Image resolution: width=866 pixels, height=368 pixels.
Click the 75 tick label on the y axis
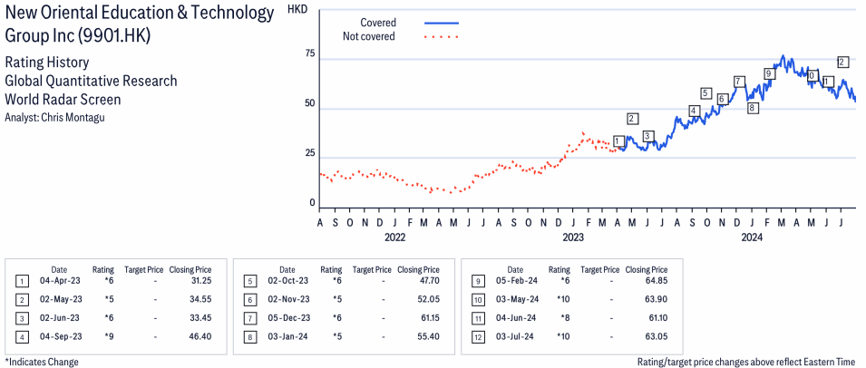point(309,54)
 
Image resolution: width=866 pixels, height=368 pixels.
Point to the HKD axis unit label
point(296,9)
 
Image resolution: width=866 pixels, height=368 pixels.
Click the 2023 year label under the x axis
point(572,237)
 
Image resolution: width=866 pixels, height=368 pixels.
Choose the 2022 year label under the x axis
point(394,237)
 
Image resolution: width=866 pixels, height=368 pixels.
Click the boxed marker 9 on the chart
point(769,74)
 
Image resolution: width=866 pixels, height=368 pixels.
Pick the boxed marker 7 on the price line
point(739,82)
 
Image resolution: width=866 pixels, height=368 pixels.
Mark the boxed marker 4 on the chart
point(694,111)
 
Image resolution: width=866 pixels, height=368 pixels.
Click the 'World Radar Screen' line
point(63,100)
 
